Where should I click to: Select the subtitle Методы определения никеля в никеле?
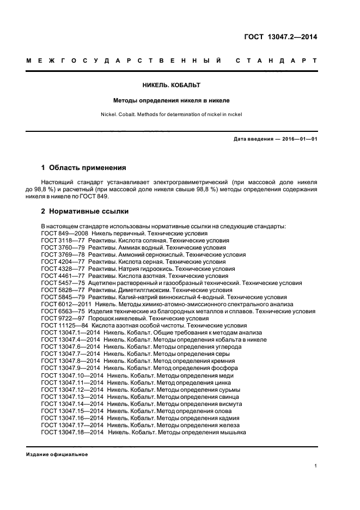pos(172,100)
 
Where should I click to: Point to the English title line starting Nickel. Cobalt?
pos(172,114)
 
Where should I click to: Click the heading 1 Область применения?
pos(84,167)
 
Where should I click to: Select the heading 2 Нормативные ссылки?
pos(85,211)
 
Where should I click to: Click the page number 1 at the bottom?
pos(316,466)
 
